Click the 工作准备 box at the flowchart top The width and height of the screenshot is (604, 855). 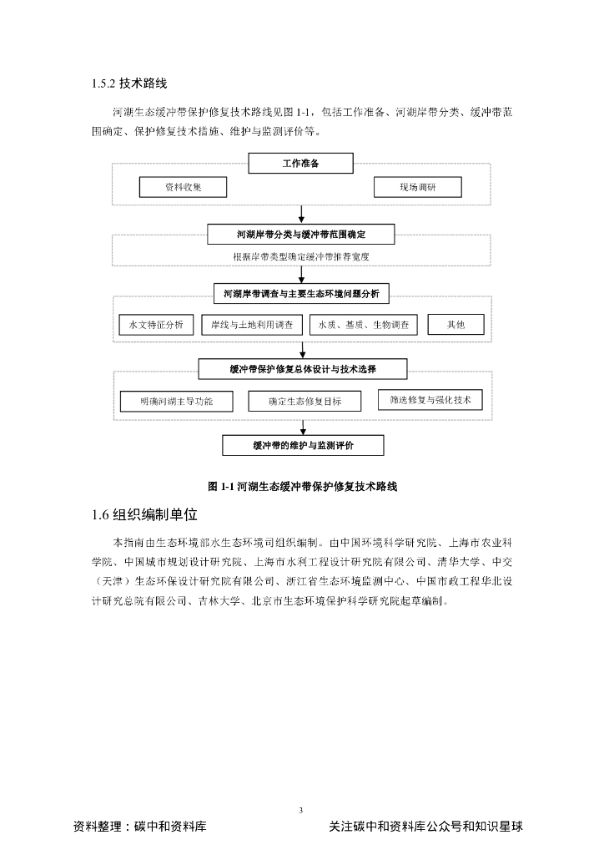[x=300, y=164]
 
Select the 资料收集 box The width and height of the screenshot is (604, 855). [x=171, y=188]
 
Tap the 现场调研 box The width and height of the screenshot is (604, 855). [x=417, y=188]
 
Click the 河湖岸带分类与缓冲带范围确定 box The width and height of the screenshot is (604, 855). [x=301, y=234]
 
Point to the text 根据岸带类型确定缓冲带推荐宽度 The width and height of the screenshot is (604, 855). [x=301, y=256]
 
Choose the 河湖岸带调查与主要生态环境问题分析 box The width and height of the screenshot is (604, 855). [x=301, y=293]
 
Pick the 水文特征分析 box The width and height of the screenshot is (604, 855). [x=156, y=325]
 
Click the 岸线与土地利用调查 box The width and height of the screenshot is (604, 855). [x=252, y=325]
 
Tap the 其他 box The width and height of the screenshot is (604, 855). [x=456, y=325]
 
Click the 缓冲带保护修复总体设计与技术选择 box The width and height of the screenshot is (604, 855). [x=302, y=369]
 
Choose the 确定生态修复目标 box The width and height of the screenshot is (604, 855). [x=305, y=402]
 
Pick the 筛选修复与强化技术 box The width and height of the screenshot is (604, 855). [x=430, y=400]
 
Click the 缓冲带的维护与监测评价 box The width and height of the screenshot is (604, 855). [x=303, y=446]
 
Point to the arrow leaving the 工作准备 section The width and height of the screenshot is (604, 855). [x=301, y=215]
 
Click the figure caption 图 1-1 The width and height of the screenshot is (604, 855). [x=302, y=486]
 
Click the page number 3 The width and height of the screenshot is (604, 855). [x=301, y=809]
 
